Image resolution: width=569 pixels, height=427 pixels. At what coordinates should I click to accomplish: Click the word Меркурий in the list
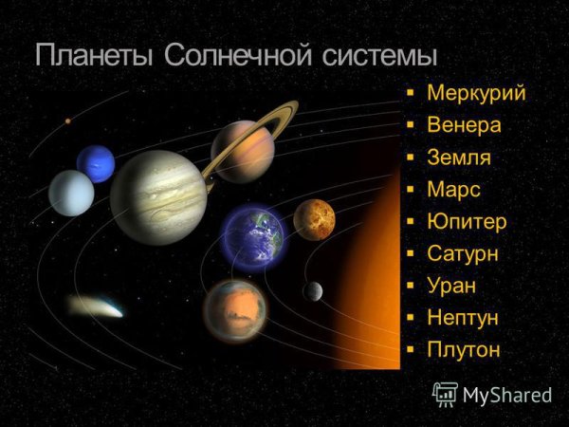point(475,93)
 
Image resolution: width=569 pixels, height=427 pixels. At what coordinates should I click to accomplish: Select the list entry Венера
point(464,125)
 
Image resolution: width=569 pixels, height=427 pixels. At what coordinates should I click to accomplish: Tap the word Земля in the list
point(459,158)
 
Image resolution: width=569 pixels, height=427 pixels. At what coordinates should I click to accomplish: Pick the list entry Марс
point(453,190)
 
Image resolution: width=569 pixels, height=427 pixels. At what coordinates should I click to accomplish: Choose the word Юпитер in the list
point(467,222)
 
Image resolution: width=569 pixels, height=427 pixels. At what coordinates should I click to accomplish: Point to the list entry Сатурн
point(462,254)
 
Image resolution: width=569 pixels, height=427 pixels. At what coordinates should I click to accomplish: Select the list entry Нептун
point(463,318)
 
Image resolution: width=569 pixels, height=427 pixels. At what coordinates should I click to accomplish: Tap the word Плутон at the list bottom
point(463,350)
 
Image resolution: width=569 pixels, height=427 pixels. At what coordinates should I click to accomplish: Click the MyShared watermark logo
point(492,394)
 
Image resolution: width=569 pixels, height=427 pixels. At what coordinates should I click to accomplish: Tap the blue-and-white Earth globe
point(252,235)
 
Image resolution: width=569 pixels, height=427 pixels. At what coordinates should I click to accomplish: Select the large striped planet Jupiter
point(158,197)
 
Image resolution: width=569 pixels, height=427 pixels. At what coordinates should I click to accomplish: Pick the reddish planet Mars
point(233,310)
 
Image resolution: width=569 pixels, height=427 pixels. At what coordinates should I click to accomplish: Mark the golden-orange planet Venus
point(314,220)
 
